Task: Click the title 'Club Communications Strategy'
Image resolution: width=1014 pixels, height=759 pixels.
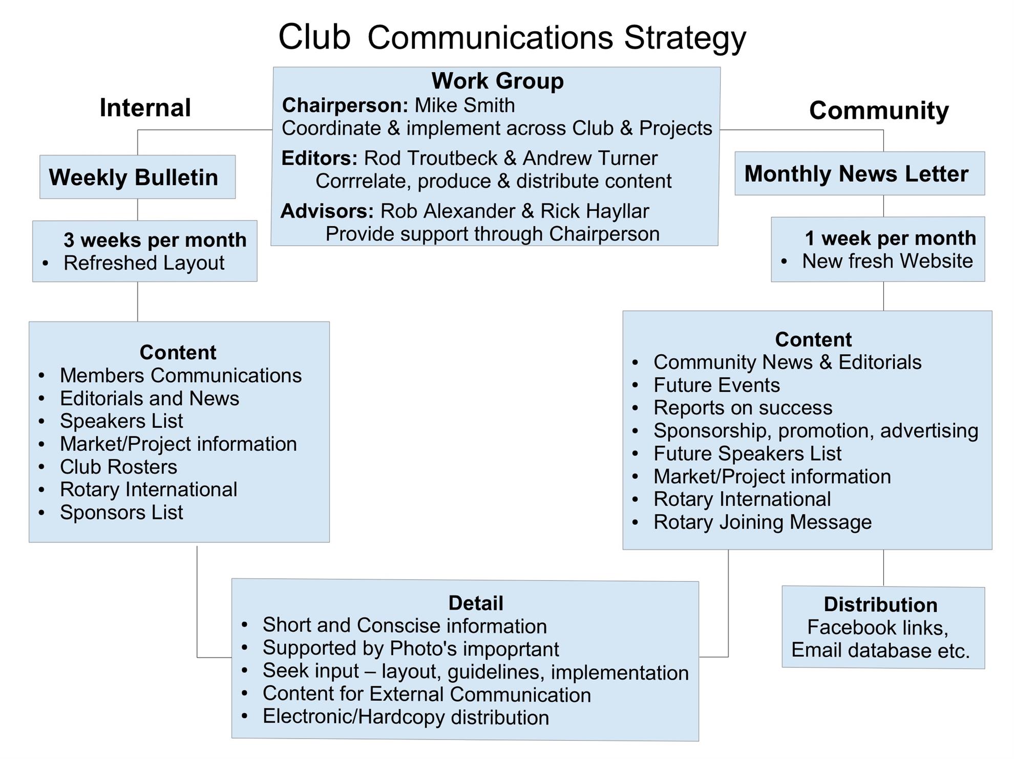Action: pos(512,37)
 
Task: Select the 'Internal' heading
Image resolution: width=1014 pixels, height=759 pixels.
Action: pos(145,108)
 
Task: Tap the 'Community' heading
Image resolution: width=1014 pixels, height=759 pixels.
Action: pos(879,111)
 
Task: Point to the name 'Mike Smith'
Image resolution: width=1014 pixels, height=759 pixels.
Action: pos(464,105)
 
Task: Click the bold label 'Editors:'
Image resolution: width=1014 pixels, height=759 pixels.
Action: pos(319,158)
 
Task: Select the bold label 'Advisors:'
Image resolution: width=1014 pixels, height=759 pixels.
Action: pos(327,211)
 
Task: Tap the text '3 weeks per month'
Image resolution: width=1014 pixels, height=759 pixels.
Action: pos(155,240)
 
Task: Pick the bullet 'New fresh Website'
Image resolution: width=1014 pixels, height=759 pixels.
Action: pos(887,261)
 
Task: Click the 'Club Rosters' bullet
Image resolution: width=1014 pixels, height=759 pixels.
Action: pos(118,467)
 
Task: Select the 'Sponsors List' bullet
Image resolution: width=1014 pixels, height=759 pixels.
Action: pos(121,512)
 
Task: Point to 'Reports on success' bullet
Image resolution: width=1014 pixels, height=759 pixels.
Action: pos(743,408)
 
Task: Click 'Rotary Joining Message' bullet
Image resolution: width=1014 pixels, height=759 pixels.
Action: pos(762,522)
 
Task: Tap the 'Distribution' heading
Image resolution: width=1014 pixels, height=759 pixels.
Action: pos(880,604)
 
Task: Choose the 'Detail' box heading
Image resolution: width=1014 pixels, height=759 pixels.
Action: pos(476,603)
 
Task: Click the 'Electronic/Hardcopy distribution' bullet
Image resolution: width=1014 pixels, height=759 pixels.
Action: pos(406,717)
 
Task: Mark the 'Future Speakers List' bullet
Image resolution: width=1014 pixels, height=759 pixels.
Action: pos(747,453)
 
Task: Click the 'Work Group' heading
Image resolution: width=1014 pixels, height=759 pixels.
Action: pos(497,81)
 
